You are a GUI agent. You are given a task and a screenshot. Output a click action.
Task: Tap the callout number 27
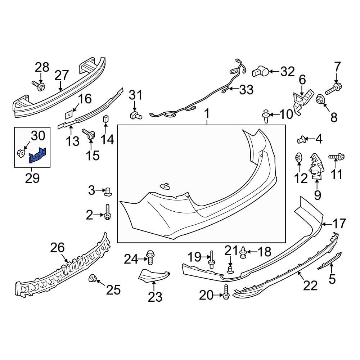click(62, 76)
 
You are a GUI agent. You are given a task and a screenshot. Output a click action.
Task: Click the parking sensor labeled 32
click(260, 72)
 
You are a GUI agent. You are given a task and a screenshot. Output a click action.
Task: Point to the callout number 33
click(246, 90)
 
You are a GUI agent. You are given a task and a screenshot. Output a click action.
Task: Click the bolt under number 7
click(335, 87)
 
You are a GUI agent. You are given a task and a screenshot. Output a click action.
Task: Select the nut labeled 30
click(21, 154)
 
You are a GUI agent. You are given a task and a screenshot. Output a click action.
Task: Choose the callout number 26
click(58, 248)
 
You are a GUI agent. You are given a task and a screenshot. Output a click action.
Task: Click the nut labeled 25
click(92, 278)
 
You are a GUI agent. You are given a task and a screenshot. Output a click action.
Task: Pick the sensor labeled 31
click(135, 115)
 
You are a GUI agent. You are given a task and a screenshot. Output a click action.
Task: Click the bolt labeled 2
click(107, 212)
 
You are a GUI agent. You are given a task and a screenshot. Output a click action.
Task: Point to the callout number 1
click(207, 114)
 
